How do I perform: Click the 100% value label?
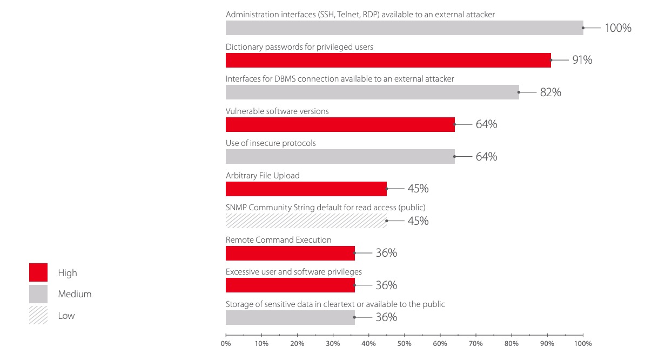(x=618, y=28)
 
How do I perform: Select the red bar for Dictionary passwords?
(x=388, y=60)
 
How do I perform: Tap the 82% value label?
(x=550, y=92)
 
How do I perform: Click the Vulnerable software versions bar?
(x=340, y=124)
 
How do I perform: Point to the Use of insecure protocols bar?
(x=340, y=157)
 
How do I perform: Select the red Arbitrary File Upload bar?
(x=306, y=189)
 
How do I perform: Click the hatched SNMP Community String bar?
(x=306, y=221)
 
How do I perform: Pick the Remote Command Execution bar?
(x=290, y=253)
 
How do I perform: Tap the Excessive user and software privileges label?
(x=293, y=272)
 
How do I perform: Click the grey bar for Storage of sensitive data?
(x=290, y=317)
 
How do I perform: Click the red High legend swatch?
(x=38, y=272)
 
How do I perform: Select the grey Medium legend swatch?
(x=38, y=294)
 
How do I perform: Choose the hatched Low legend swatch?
(x=38, y=315)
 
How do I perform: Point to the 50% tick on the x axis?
(x=404, y=343)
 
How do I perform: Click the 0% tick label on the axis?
(x=226, y=343)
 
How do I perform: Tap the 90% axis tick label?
(x=547, y=343)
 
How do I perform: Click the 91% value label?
(x=582, y=60)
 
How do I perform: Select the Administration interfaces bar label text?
(x=360, y=15)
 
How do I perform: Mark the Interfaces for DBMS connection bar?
(x=372, y=92)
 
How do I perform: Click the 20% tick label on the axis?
(x=297, y=343)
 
